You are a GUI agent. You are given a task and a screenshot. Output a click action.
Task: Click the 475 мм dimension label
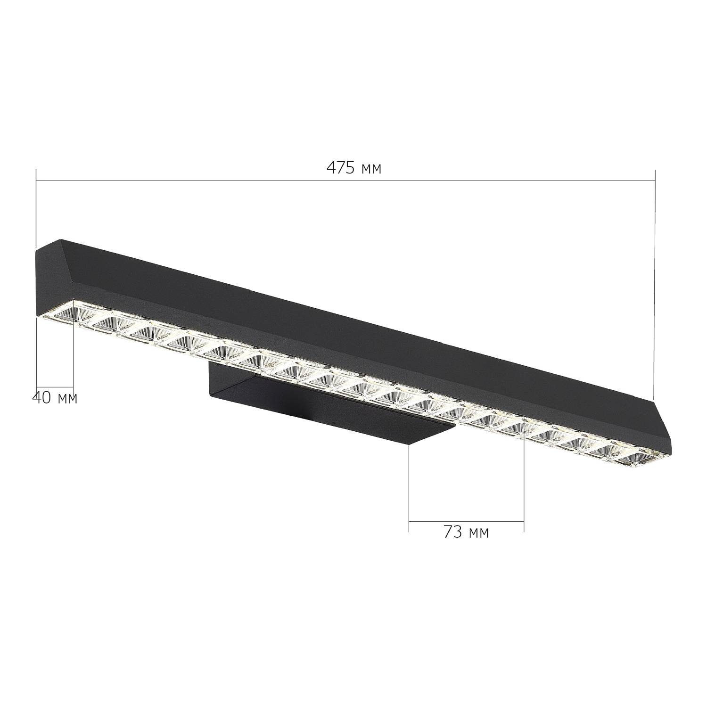(354, 168)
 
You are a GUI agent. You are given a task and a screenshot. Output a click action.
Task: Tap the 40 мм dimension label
(55, 398)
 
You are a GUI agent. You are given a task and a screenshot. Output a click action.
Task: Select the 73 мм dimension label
(466, 533)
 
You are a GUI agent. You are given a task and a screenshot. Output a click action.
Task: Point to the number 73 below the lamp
(452, 533)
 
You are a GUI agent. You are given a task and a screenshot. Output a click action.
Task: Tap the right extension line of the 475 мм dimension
(655, 283)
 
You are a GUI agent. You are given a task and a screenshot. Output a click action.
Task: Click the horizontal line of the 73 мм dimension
(466, 522)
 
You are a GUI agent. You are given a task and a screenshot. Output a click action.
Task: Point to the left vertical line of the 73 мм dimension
(409, 485)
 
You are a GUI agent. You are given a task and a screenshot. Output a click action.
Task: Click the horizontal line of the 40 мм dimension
(55, 386)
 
